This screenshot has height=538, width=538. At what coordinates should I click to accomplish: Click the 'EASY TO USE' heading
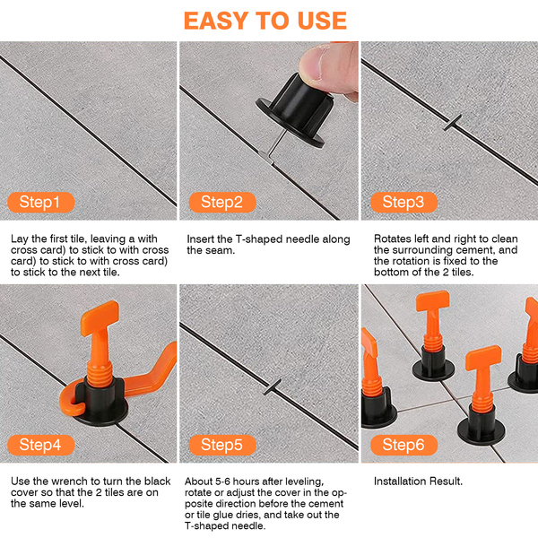pyautogui.click(x=265, y=21)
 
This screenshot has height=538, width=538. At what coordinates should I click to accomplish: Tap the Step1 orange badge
pyautogui.click(x=41, y=202)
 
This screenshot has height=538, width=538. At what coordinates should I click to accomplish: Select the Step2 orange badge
pyautogui.click(x=222, y=202)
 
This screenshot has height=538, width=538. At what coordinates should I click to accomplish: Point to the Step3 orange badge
pyautogui.click(x=403, y=202)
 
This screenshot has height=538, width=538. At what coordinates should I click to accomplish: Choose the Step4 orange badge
pyautogui.click(x=41, y=445)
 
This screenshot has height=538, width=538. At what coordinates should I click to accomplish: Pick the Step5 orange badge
pyautogui.click(x=222, y=445)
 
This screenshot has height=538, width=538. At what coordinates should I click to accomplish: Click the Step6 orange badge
pyautogui.click(x=403, y=445)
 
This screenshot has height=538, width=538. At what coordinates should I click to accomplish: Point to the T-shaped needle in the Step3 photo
pyautogui.click(x=453, y=123)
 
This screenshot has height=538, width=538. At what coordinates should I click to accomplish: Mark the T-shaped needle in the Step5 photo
pyautogui.click(x=273, y=387)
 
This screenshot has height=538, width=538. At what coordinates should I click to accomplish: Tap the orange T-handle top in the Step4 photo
pyautogui.click(x=100, y=317)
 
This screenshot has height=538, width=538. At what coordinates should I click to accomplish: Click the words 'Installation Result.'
pyautogui.click(x=418, y=481)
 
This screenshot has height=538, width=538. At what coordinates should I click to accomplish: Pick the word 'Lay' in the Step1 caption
pyautogui.click(x=19, y=239)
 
